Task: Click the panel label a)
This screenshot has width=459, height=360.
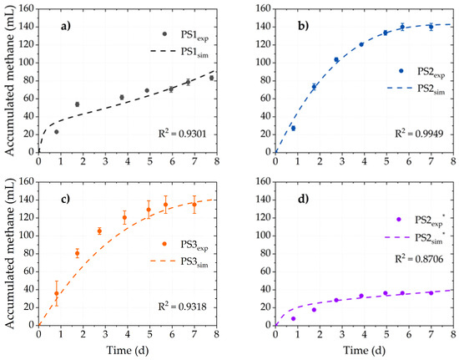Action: tap(66, 27)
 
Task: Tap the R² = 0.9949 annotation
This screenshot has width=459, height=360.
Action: tap(419, 134)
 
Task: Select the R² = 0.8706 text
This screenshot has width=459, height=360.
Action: tap(419, 259)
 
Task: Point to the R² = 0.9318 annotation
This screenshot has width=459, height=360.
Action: tap(183, 307)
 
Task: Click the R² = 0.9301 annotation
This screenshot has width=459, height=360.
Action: tap(183, 134)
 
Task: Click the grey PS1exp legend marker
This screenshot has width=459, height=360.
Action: tap(164, 34)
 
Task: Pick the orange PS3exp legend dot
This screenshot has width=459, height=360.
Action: tap(164, 244)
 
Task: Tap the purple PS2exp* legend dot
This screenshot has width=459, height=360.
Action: tap(398, 220)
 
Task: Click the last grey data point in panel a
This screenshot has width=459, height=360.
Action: tap(211, 78)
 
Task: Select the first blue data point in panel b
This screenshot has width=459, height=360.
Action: tap(293, 129)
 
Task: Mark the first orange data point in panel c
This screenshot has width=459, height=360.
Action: tap(57, 293)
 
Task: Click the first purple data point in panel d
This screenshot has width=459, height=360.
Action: tap(293, 319)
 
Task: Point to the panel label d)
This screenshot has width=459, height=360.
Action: tap(303, 199)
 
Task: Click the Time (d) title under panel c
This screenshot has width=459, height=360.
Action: tap(128, 350)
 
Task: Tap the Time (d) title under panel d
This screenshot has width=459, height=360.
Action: tap(364, 350)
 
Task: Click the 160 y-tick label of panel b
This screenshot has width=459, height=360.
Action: tap(263, 9)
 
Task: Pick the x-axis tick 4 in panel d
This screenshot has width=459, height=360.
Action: tap(364, 334)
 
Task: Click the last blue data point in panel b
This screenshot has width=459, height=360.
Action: tap(431, 27)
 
